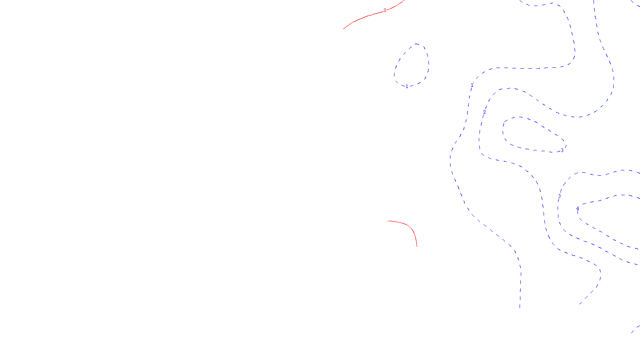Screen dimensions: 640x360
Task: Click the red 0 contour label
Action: (x=385, y=10)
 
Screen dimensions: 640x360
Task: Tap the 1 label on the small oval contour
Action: (x=407, y=86)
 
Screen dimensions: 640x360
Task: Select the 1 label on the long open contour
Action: (x=472, y=85)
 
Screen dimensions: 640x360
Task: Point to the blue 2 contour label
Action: (x=484, y=112)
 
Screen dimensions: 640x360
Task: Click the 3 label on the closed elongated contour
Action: (x=562, y=150)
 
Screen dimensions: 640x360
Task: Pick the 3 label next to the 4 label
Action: (x=559, y=196)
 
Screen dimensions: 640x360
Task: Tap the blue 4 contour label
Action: (x=577, y=210)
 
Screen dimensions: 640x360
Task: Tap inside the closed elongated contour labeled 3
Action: (x=528, y=136)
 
